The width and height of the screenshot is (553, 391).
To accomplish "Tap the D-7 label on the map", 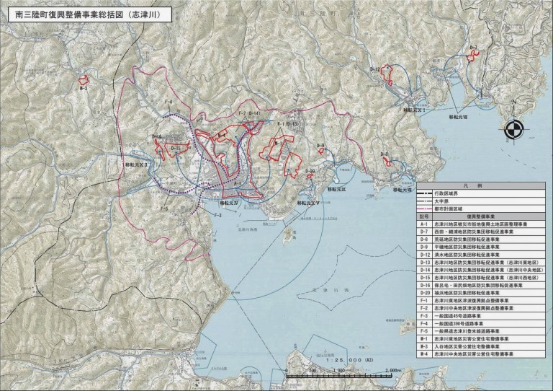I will click(x=473, y=48).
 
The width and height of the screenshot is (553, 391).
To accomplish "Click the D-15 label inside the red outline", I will click(x=174, y=146).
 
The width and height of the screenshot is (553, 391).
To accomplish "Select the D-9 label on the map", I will click(x=321, y=146).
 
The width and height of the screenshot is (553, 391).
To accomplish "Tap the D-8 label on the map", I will click(x=385, y=155).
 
